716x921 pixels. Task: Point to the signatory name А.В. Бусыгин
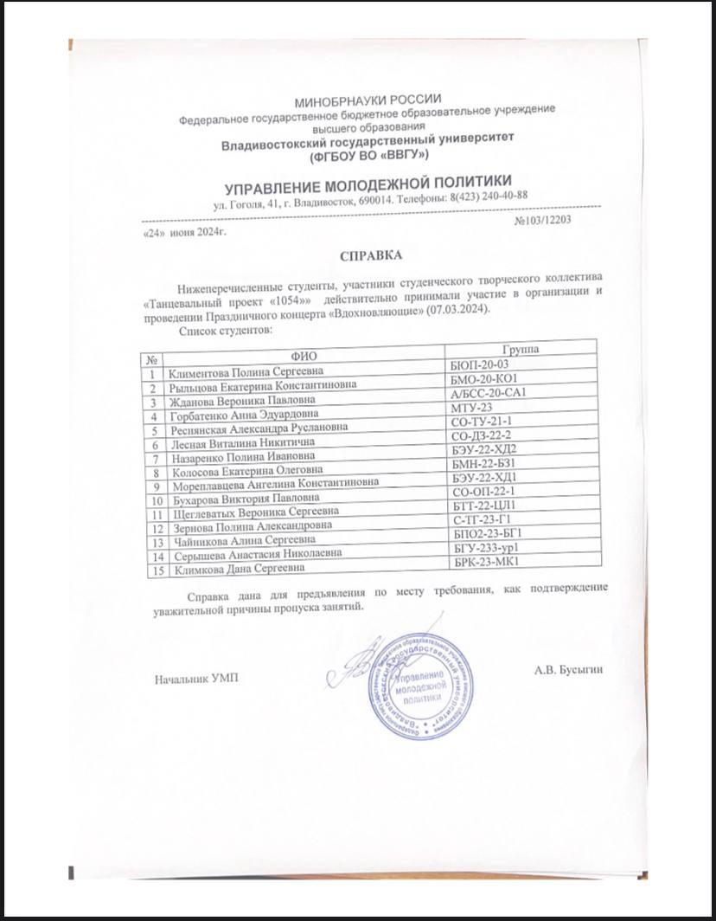(568, 669)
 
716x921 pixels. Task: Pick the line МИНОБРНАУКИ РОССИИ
(368, 102)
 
